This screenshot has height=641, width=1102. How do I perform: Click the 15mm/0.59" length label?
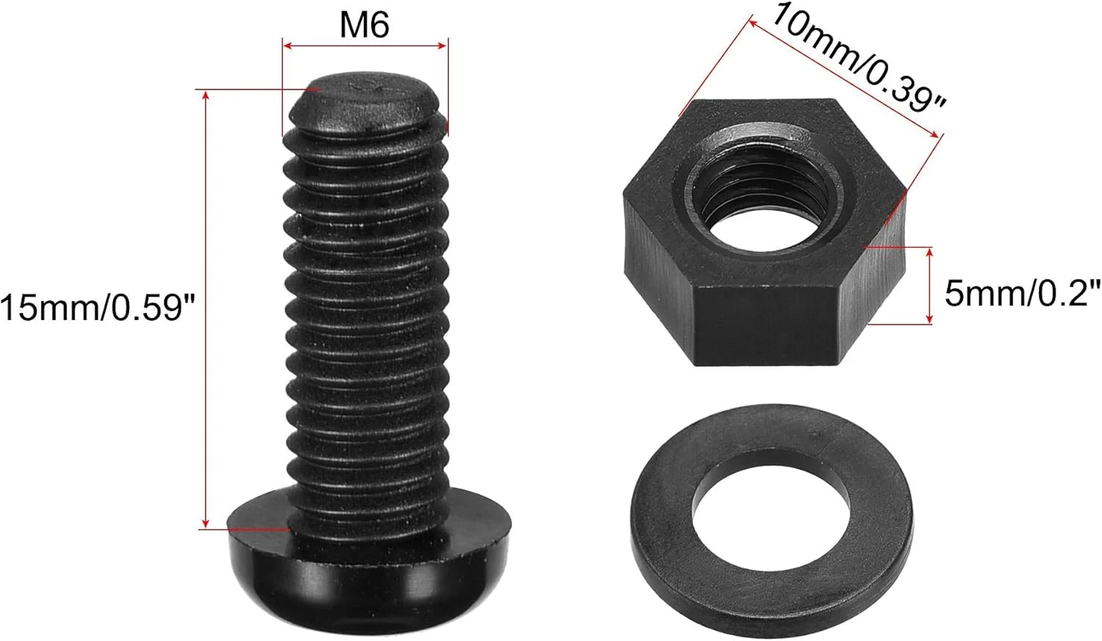(100, 306)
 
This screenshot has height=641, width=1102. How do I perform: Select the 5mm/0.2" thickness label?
(1022, 293)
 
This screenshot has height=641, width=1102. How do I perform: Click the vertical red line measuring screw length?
(206, 308)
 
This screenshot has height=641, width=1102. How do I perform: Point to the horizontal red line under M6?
(365, 46)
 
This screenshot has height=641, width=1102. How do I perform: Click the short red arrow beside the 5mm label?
(929, 286)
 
